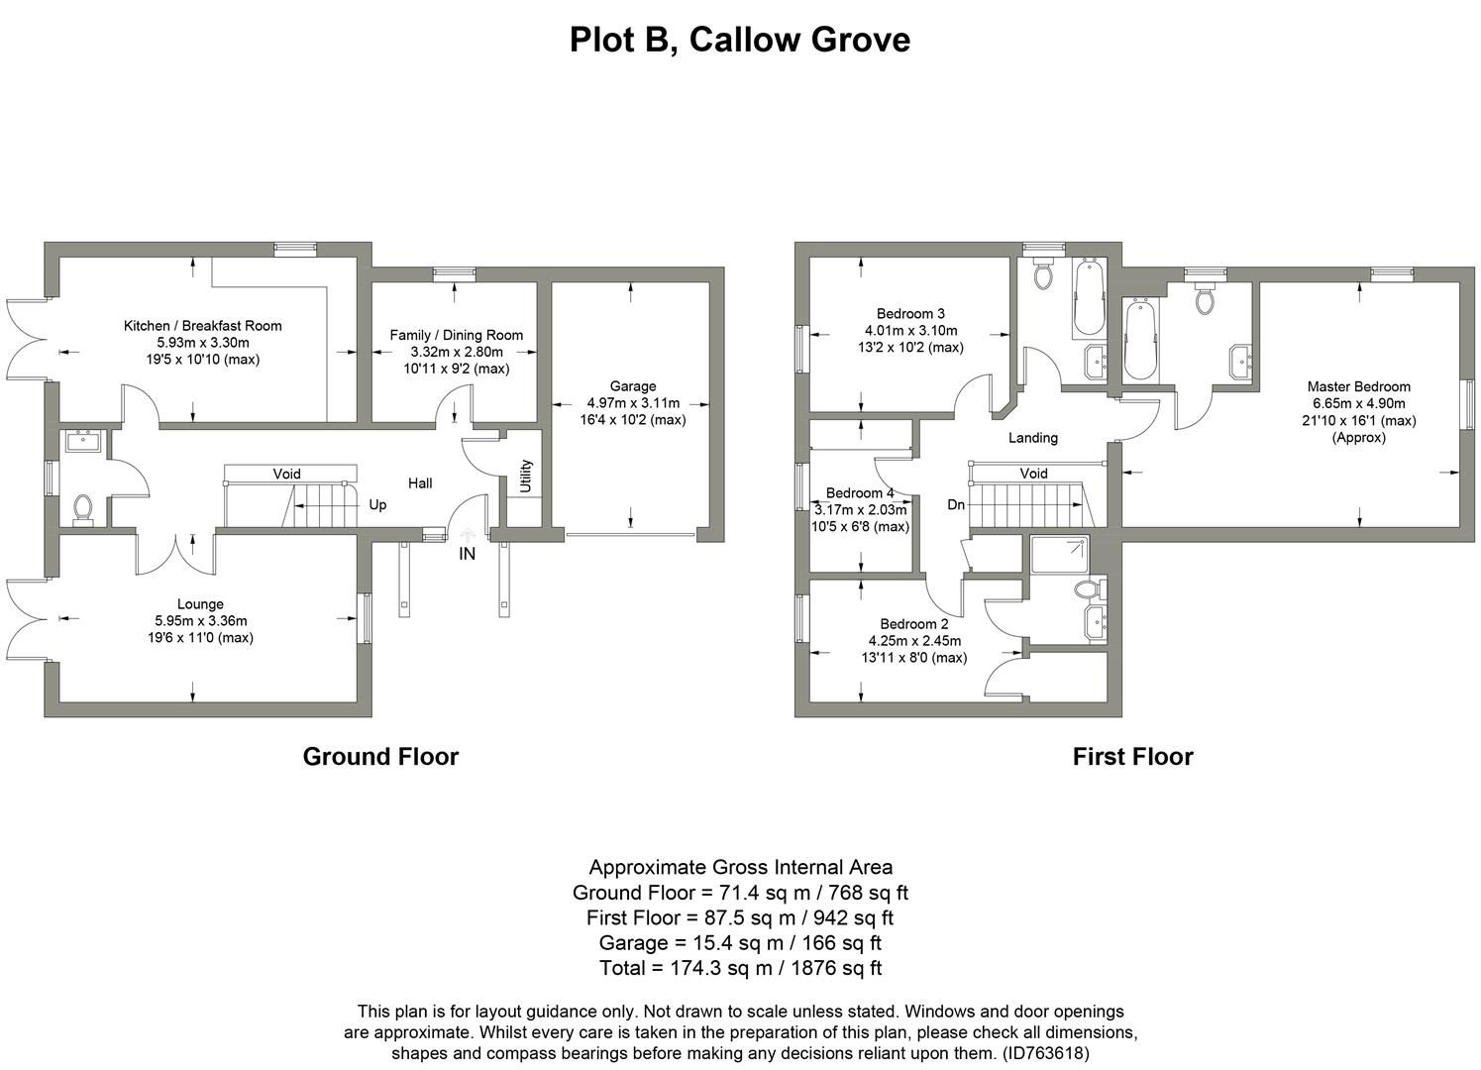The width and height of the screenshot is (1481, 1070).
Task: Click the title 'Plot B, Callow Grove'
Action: [739, 40]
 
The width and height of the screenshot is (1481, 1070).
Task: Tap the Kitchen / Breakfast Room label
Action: [202, 326]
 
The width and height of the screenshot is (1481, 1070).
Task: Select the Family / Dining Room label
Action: [456, 335]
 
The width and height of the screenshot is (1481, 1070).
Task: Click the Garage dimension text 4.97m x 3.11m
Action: [632, 403]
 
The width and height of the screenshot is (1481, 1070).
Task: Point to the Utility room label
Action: [526, 476]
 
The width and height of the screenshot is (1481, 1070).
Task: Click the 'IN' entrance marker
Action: [467, 554]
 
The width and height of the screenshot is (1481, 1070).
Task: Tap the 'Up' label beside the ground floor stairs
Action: [377, 505]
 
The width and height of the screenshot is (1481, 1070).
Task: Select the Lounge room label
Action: [200, 604]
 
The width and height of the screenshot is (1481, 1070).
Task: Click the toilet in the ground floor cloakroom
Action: [83, 509]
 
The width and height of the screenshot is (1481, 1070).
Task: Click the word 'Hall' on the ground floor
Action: [420, 483]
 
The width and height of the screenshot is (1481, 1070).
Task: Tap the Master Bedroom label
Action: [1358, 386]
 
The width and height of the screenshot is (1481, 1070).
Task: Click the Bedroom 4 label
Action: [859, 492]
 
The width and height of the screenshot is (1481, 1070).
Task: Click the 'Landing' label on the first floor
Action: [1032, 437]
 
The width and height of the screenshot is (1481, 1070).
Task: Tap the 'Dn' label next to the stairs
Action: [955, 504]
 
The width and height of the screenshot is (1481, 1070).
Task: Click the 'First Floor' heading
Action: [1132, 757]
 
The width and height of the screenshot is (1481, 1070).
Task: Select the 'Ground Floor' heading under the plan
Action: [380, 757]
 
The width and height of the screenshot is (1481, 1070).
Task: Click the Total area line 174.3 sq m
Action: [740, 968]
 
